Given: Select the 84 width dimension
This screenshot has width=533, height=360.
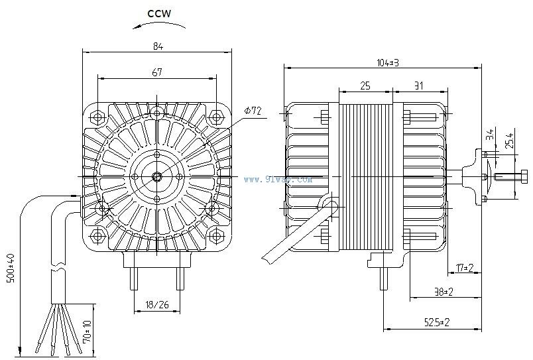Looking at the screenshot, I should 157,46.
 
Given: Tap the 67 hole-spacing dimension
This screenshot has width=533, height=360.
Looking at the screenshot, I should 157,73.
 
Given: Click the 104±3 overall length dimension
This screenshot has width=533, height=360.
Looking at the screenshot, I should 386,62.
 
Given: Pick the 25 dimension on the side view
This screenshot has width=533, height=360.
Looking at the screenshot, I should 365,86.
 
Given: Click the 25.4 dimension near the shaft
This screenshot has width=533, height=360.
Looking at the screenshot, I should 509,142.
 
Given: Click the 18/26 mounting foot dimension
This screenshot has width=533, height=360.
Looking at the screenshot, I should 156,306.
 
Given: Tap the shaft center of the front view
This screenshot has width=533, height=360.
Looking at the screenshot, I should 156,176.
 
